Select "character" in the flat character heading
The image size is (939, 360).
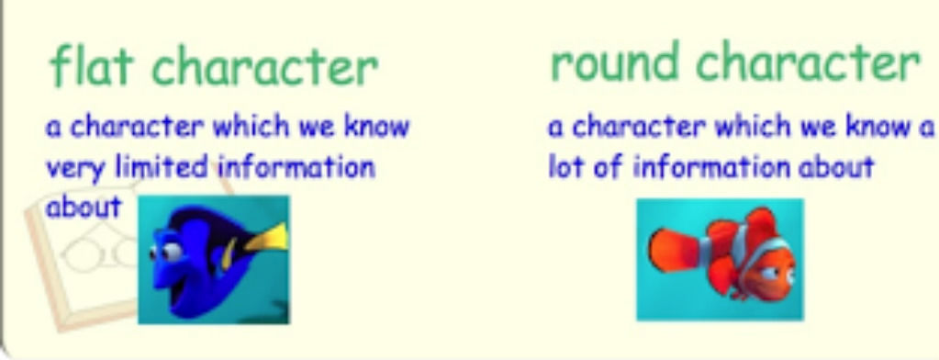coord(264,68)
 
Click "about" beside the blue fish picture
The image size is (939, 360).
coord(84,208)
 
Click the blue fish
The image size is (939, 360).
coord(216,256)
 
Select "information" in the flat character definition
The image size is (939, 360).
coord(296,166)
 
